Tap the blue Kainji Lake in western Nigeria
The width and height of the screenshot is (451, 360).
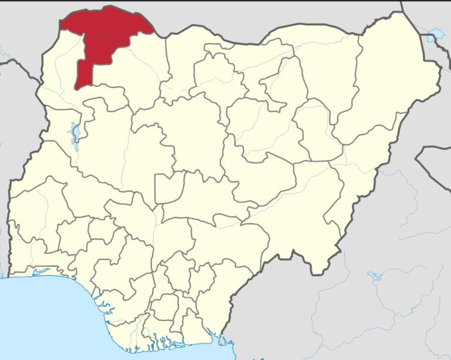[x=75, y=133]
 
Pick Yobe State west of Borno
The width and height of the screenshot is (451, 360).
[x=329, y=65]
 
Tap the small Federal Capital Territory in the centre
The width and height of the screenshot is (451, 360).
[x=166, y=188]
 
